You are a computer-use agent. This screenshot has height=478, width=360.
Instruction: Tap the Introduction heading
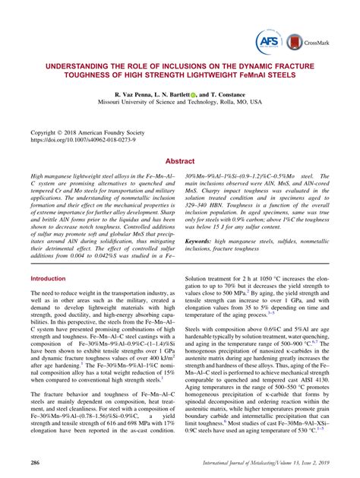pos(48,280)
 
